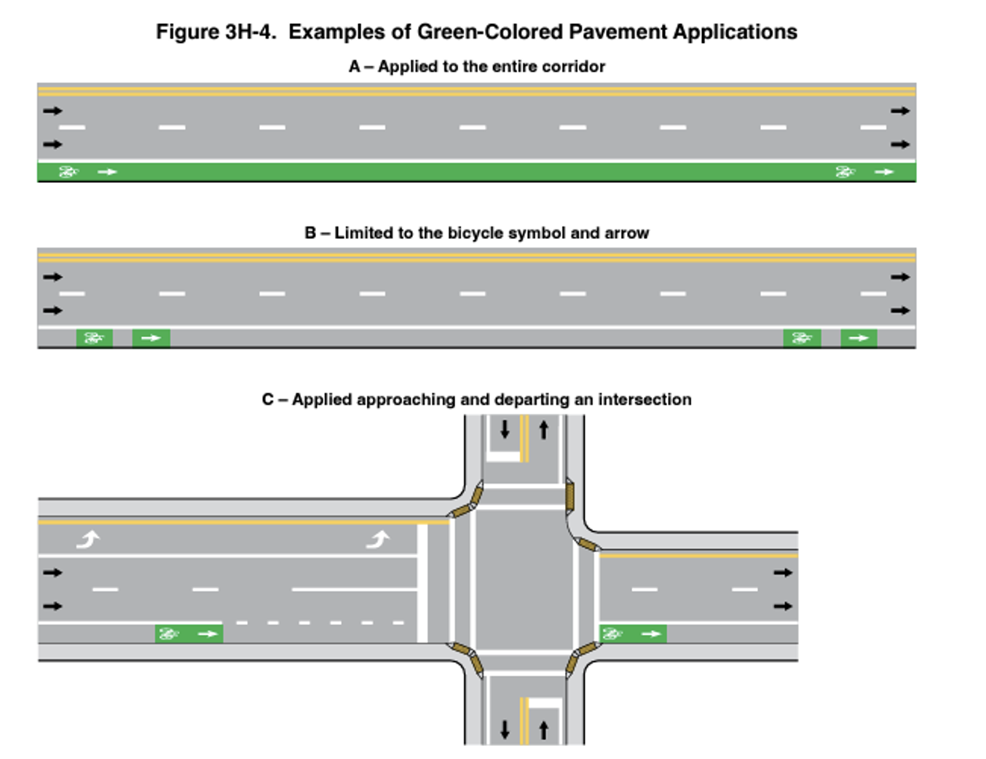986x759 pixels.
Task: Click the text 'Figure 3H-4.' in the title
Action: pos(216,32)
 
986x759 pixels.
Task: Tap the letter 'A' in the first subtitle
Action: pos(355,66)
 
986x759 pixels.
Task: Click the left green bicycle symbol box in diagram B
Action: pos(94,338)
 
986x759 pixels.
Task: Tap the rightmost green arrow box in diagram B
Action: pos(859,338)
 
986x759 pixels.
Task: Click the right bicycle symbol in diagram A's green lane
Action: pos(845,172)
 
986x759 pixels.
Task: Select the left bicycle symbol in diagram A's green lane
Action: pos(68,172)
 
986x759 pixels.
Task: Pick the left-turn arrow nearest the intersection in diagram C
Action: pos(378,539)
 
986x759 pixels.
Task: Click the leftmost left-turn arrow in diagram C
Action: pos(88,539)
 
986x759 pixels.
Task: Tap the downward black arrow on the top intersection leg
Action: pos(505,430)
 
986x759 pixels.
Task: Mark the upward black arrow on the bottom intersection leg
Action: pos(543,729)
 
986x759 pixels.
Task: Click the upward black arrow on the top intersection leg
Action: pos(543,430)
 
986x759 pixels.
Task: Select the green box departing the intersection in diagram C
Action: pos(633,634)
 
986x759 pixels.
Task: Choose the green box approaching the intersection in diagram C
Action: pos(189,634)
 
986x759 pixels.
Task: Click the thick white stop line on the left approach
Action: pos(422,583)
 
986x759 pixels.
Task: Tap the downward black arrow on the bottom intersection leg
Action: pos(505,729)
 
